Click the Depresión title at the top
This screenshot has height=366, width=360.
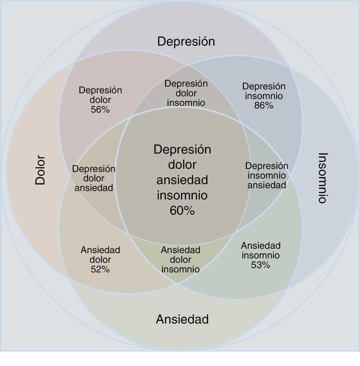[186, 41]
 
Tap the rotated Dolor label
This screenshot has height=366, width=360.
[40, 170]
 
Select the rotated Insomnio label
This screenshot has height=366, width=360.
[322, 178]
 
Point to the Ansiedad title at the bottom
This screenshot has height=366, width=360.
[182, 319]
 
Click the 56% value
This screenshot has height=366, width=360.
[100, 110]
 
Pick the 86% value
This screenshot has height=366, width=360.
[264, 105]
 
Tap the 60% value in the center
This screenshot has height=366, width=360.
[182, 211]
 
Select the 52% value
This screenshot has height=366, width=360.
[100, 269]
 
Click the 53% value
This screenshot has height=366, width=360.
[261, 265]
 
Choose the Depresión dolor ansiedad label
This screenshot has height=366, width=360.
[94, 178]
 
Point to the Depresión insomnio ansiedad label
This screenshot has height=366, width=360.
[266, 175]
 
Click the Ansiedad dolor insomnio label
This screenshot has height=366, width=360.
[180, 260]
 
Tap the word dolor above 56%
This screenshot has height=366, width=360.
[100, 100]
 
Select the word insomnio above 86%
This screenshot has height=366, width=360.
[264, 96]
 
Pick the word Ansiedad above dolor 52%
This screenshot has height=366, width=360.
[100, 250]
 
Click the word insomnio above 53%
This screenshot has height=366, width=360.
[261, 255]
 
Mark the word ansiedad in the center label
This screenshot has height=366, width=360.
[182, 180]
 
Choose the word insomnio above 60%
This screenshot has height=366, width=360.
[182, 195]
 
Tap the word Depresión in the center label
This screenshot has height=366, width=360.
[182, 149]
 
